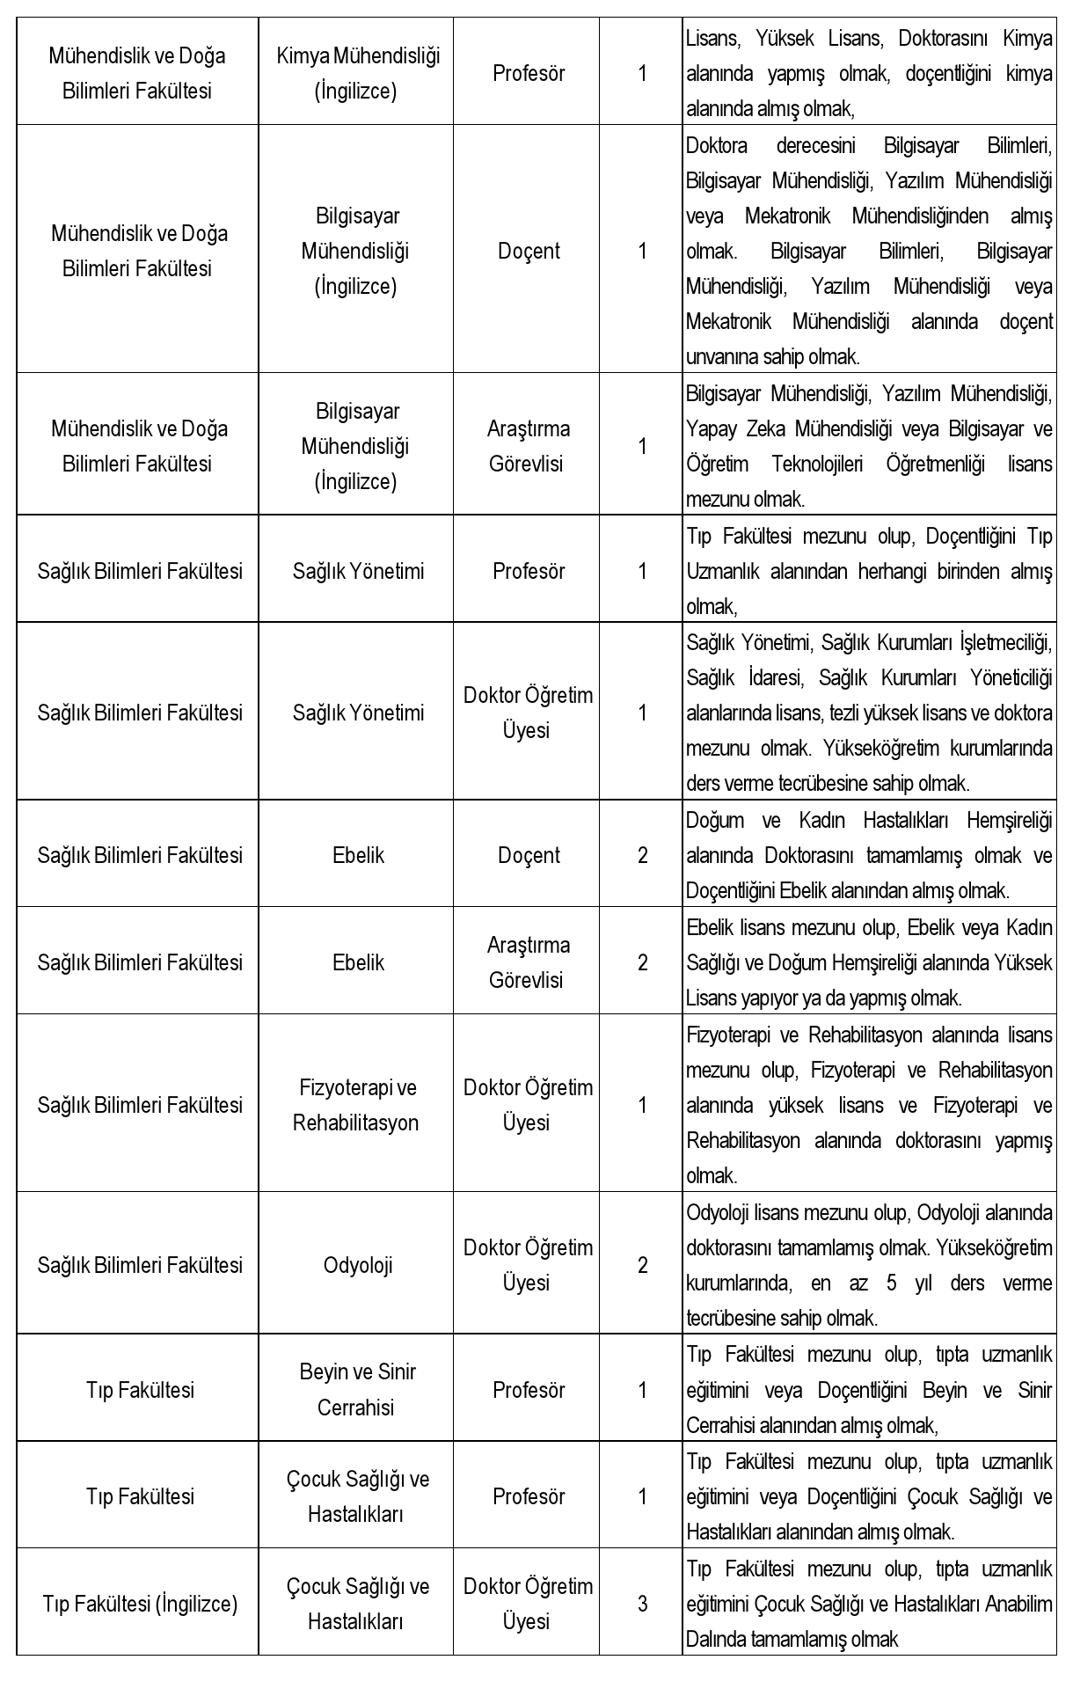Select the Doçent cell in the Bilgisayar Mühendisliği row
pyautogui.click(x=528, y=251)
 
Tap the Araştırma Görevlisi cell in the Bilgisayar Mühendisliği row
pyautogui.click(x=528, y=446)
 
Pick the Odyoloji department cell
pyautogui.click(x=357, y=1265)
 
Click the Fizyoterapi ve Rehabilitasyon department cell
pyautogui.click(x=356, y=1105)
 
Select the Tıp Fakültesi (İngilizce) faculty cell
pyautogui.click(x=140, y=1604)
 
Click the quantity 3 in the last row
pyautogui.click(x=642, y=1604)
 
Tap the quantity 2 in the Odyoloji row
pyautogui.click(x=642, y=1265)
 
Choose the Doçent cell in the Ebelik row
pyautogui.click(x=528, y=855)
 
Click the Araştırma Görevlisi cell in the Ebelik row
pyautogui.click(x=528, y=962)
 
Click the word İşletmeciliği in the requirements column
pyautogui.click(x=1006, y=643)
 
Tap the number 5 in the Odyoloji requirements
pyautogui.click(x=892, y=1283)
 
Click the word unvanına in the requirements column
pyautogui.click(x=716, y=357)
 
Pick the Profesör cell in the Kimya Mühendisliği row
pyautogui.click(x=528, y=73)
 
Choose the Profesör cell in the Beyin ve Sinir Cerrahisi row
pyautogui.click(x=528, y=1390)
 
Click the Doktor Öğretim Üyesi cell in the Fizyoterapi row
pyautogui.click(x=528, y=1105)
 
